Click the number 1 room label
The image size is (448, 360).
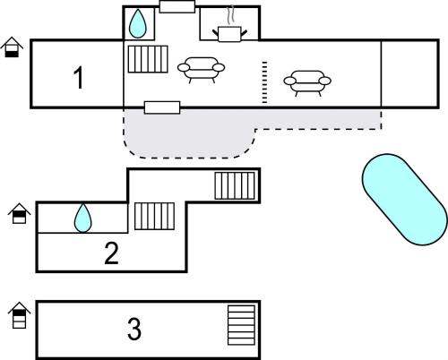point(78,78)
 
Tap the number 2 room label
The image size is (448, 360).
point(111,253)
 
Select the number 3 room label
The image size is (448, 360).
point(134,329)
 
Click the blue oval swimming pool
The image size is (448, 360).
point(405,200)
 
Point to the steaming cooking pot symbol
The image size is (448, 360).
point(229,30)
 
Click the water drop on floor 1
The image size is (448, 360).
point(138,23)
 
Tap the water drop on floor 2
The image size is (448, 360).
point(82,219)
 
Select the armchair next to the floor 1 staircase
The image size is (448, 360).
point(201,70)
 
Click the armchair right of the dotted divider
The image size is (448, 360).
point(307,83)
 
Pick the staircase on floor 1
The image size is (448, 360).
point(148,59)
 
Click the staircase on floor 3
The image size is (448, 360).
point(241,325)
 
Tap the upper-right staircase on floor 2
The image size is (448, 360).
point(235,185)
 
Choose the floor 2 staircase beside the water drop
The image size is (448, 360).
point(154,216)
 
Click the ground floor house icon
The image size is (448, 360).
point(12,47)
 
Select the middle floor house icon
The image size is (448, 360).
point(20,213)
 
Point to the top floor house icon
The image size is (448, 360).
point(20,315)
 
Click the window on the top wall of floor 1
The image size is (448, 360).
point(177,6)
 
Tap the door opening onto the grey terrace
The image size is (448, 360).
point(162,107)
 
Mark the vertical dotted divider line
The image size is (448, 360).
point(264,82)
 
